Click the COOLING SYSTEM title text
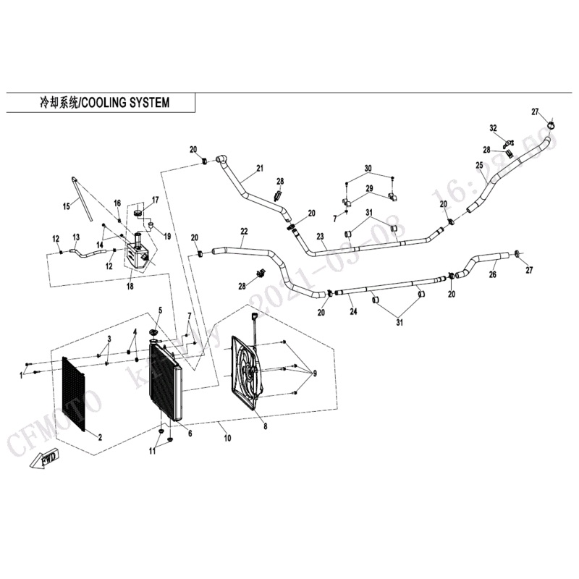pyautogui.click(x=101, y=103)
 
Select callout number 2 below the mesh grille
pyautogui.click(x=100, y=436)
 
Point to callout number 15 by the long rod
pyautogui.click(x=67, y=206)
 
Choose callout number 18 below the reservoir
pyautogui.click(x=130, y=287)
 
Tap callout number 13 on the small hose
pyautogui.click(x=75, y=237)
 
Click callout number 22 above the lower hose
pyautogui.click(x=244, y=232)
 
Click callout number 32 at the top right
pyautogui.click(x=494, y=128)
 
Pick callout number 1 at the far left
pyautogui.click(x=21, y=374)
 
